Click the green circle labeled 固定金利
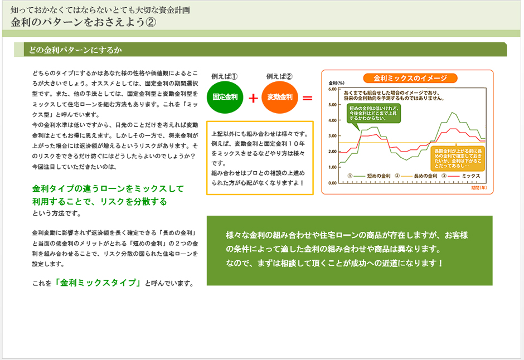tap(225, 97)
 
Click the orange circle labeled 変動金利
tap(280, 97)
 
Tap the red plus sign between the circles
tap(253, 98)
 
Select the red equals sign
tap(307, 98)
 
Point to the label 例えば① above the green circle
tap(225, 76)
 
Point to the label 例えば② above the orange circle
tap(279, 76)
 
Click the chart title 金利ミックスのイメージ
tap(410, 78)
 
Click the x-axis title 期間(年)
tap(479, 188)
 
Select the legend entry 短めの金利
tap(377, 176)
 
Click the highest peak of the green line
tap(453, 113)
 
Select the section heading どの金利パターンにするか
tap(76, 50)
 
